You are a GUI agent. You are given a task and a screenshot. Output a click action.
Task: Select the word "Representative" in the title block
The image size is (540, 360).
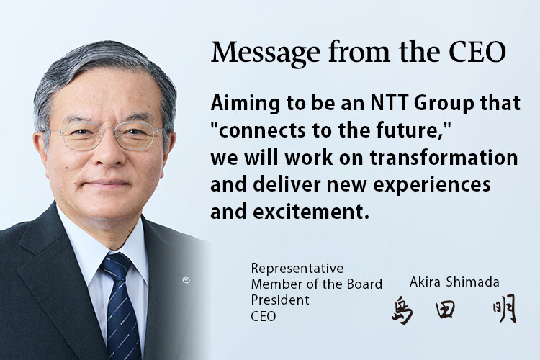(297, 269)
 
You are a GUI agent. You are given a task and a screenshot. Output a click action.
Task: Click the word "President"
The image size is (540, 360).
(280, 300)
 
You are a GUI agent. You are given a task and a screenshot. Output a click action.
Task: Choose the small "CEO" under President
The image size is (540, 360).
(264, 315)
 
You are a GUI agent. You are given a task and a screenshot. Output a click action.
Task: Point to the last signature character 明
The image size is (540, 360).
(505, 310)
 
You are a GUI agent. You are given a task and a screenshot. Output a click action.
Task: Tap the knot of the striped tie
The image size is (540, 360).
(115, 266)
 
